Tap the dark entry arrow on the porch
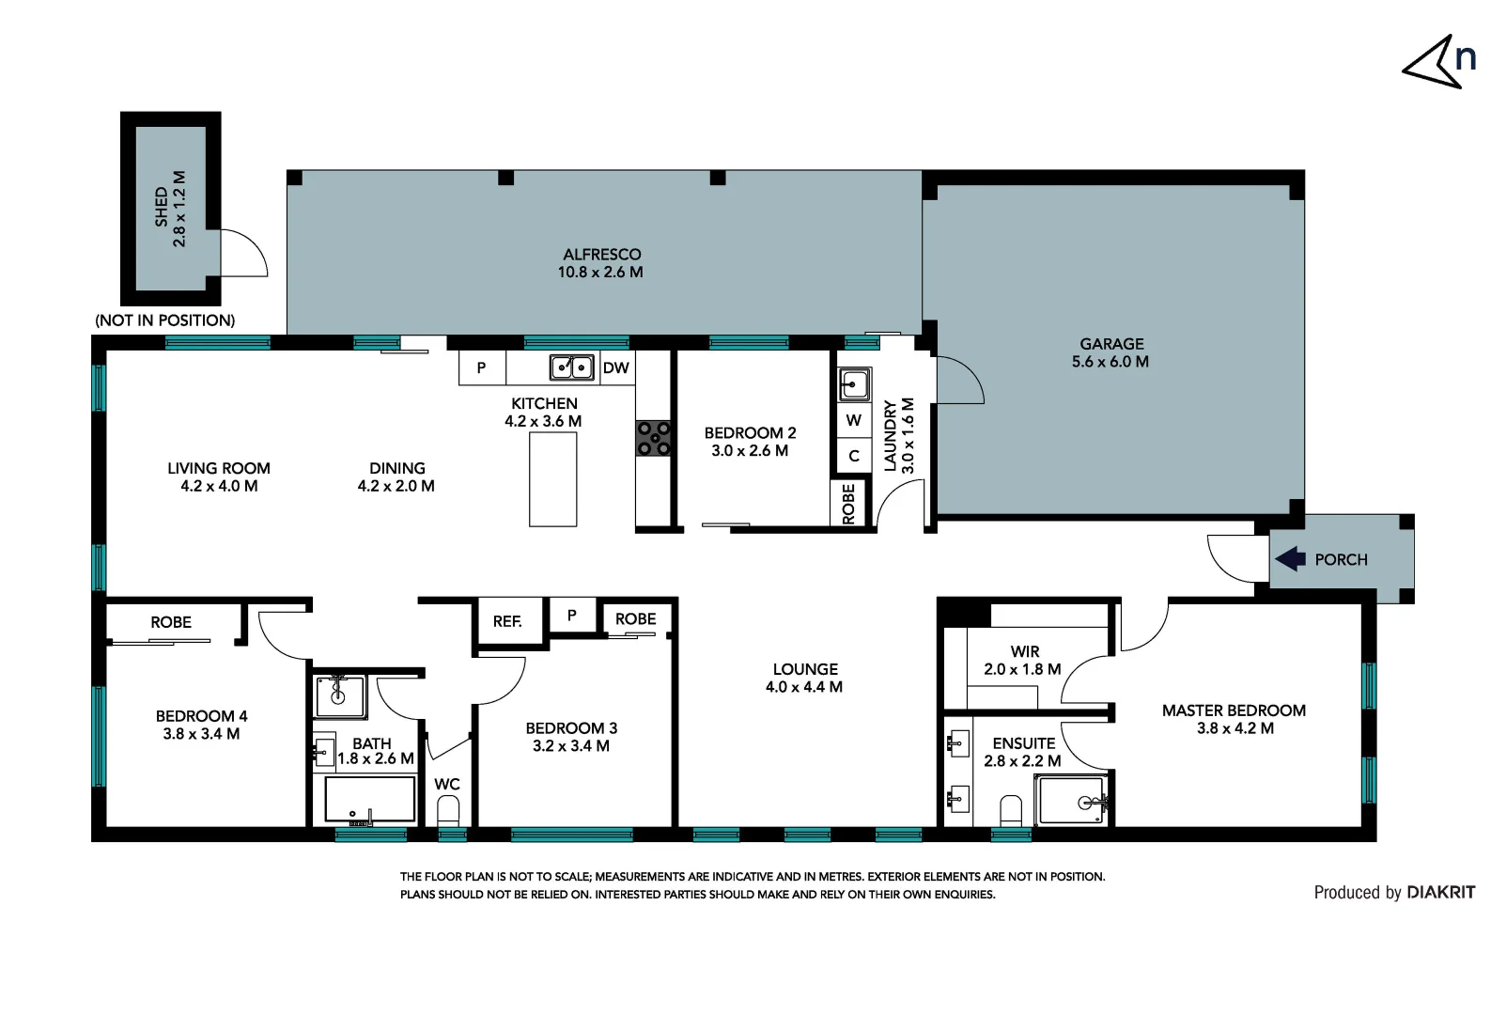[1290, 559]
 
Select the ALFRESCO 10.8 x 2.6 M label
[601, 263]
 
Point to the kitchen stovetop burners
[654, 439]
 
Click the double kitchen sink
[571, 367]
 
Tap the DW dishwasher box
[615, 367]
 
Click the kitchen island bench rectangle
[552, 480]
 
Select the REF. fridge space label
[507, 621]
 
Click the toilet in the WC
[448, 810]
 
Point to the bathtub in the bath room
[369, 800]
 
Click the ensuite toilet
[1011, 810]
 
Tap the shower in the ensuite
[1073, 801]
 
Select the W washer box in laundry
[853, 420]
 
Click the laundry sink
[854, 384]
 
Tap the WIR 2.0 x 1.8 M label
[1023, 660]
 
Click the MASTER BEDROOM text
[1234, 710]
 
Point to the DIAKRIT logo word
[1440, 893]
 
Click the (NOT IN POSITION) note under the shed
[165, 320]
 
